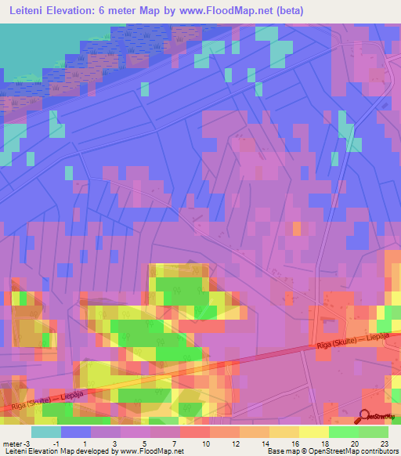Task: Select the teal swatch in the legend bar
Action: pyautogui.click(x=45, y=432)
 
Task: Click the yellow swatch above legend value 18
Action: pyautogui.click(x=313, y=432)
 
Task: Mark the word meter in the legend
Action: pyautogui.click(x=11, y=443)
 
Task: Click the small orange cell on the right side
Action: pyautogui.click(x=297, y=228)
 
